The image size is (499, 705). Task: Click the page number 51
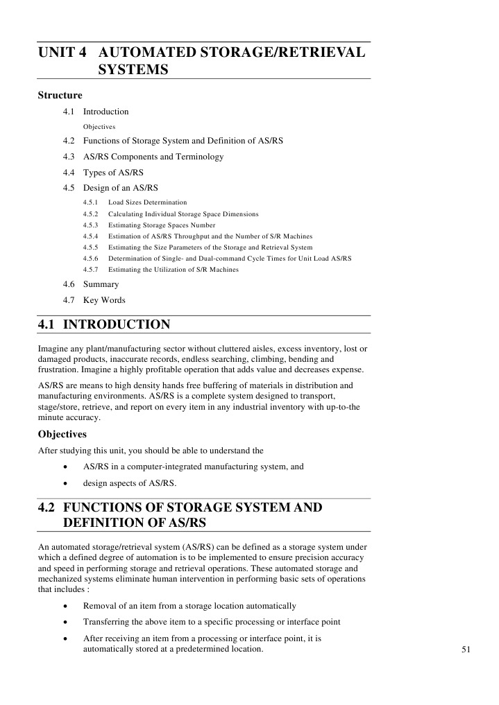point(466,649)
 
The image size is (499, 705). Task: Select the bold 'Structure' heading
point(60,96)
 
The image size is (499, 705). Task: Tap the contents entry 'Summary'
point(101,284)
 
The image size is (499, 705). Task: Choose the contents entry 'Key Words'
point(104,300)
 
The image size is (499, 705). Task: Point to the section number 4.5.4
point(91,236)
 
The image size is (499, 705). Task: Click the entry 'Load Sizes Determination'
point(148,202)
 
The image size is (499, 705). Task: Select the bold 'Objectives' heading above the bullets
point(62,434)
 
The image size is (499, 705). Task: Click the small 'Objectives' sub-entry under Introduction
point(99,127)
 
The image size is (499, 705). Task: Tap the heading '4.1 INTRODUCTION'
point(104,324)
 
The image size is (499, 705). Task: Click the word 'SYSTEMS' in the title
point(134,70)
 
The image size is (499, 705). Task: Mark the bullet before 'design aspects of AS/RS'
point(65,483)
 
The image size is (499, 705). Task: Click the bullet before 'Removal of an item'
point(65,607)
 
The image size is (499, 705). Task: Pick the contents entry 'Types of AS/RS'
point(113,173)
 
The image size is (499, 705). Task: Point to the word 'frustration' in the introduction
point(58,369)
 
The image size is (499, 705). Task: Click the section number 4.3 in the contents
point(68,157)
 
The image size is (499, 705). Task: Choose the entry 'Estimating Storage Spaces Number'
point(162,225)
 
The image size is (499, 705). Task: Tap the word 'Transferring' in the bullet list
point(106,622)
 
